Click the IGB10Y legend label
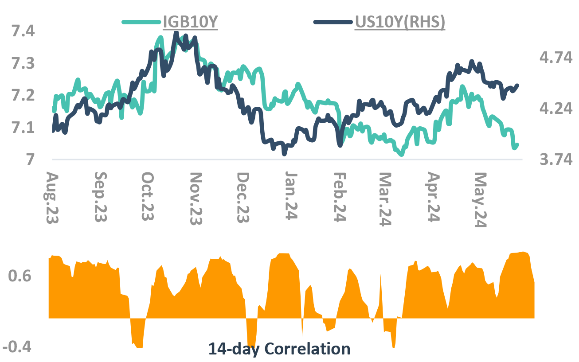(190, 22)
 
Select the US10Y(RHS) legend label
(400, 22)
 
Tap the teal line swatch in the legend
(141, 22)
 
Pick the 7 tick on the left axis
(30, 160)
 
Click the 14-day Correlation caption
(279, 349)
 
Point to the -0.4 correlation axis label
(17, 347)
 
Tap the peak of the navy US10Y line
(176, 33)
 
